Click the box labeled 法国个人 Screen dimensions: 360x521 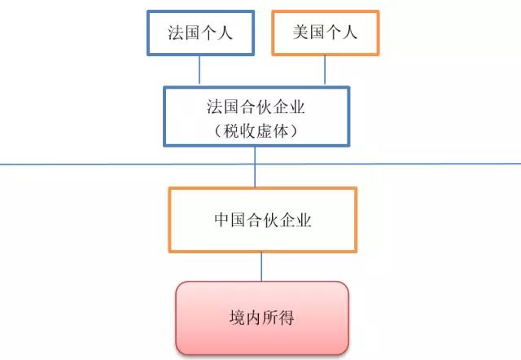click(x=199, y=33)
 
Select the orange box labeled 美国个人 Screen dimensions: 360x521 click(x=325, y=33)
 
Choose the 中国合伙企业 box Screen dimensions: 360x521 click(x=262, y=220)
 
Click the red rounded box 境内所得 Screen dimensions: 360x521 click(x=261, y=318)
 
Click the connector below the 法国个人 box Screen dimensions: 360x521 click(x=200, y=70)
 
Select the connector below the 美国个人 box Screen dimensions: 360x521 click(x=325, y=70)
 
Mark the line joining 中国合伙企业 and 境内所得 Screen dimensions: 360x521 click(x=261, y=266)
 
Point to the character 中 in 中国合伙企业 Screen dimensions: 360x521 click(x=221, y=220)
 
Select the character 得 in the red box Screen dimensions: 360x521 click(x=286, y=318)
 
